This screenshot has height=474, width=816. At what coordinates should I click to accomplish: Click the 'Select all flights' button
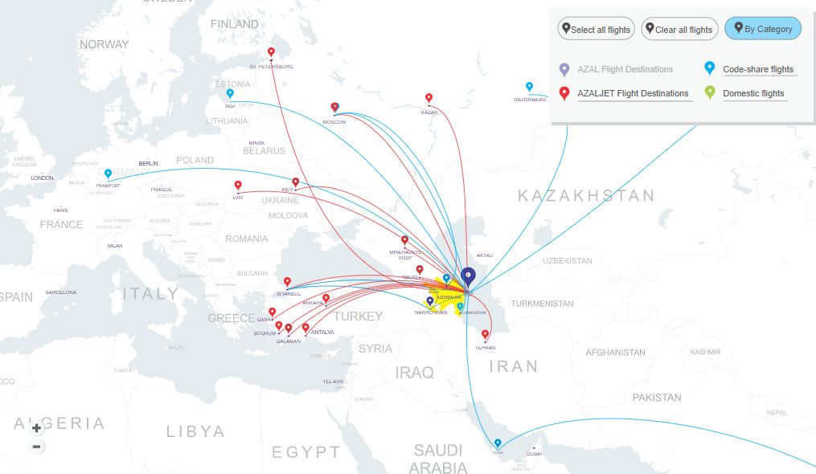pyautogui.click(x=597, y=30)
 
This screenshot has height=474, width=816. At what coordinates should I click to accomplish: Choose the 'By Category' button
pyautogui.click(x=763, y=29)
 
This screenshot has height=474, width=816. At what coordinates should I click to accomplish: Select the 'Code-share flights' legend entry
pyautogui.click(x=757, y=70)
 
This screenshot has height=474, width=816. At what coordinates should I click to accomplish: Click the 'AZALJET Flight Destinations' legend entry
pyautogui.click(x=634, y=94)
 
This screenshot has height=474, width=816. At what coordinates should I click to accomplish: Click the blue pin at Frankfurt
pyautogui.click(x=108, y=174)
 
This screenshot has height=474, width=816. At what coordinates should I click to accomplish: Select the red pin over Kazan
pyautogui.click(x=429, y=98)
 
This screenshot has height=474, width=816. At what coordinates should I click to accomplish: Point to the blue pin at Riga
pyautogui.click(x=229, y=93)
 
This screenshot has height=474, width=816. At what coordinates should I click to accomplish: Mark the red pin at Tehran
pyautogui.click(x=485, y=334)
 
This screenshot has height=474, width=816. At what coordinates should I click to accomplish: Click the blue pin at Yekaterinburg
pyautogui.click(x=529, y=87)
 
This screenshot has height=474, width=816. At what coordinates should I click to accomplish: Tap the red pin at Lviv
pyautogui.click(x=238, y=186)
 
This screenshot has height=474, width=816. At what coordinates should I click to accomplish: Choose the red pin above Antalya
pyautogui.click(x=305, y=327)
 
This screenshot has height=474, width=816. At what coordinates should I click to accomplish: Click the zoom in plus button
pyautogui.click(x=36, y=428)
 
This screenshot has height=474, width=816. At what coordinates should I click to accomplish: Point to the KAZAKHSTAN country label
pyautogui.click(x=586, y=195)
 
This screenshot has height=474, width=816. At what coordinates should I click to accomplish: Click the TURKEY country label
pyautogui.click(x=358, y=316)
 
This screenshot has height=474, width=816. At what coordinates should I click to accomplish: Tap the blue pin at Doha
pyautogui.click(x=498, y=443)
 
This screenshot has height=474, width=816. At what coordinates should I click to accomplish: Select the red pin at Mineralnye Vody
pyautogui.click(x=404, y=239)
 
